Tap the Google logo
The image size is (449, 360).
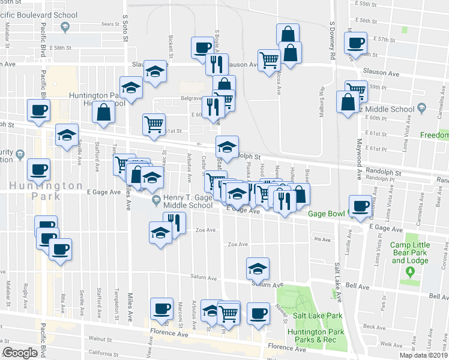coord(20,353)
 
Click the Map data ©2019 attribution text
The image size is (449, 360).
coord(423,355)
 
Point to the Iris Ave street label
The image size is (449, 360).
coord(322,239)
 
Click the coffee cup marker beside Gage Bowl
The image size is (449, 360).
coord(360,206)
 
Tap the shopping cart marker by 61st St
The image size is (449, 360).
coord(154,124)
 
